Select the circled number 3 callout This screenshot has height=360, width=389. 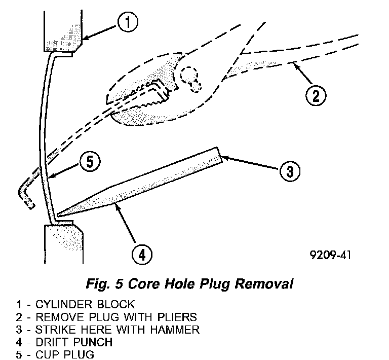(288, 171)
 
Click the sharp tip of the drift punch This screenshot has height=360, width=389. (59, 216)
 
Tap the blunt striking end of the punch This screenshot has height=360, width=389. (220, 155)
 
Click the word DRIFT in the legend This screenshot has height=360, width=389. (50, 342)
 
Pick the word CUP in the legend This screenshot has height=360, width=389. (44, 354)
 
